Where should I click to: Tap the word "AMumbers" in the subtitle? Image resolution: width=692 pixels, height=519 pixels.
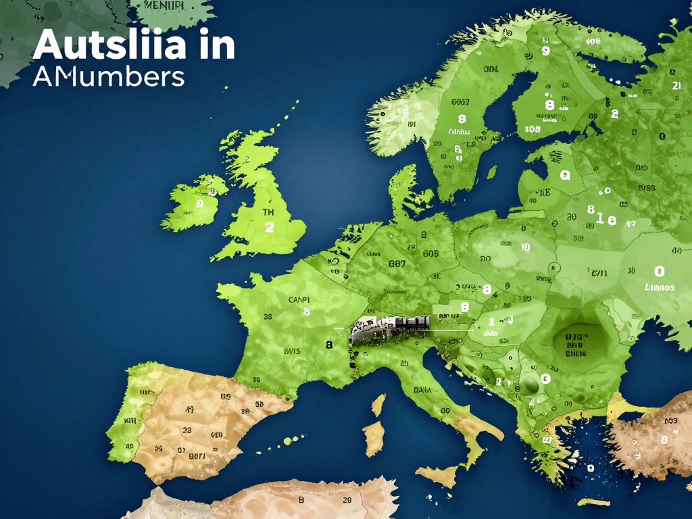pos(108,76)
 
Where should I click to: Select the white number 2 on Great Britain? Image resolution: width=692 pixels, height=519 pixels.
pos(270,228)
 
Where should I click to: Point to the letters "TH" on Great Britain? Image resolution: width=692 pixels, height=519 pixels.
pos(269,212)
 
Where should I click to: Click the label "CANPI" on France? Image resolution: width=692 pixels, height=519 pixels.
pos(299,299)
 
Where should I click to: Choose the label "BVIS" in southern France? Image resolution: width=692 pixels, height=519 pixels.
pos(291,351)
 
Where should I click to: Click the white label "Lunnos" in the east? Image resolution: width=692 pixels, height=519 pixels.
pos(660,287)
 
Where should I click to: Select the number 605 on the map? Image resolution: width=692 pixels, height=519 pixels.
pos(430,254)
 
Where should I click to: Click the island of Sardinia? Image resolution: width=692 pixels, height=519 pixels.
pos(373,438)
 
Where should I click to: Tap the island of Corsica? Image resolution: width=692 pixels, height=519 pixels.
pos(378,405)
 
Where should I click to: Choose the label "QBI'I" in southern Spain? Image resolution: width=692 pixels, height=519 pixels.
pos(197,456)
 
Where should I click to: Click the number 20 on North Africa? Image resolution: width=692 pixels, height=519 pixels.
pos(347,501)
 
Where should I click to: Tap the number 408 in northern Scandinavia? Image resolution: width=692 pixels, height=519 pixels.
pos(593,41)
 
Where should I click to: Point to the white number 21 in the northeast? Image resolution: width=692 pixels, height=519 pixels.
pos(676,86)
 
